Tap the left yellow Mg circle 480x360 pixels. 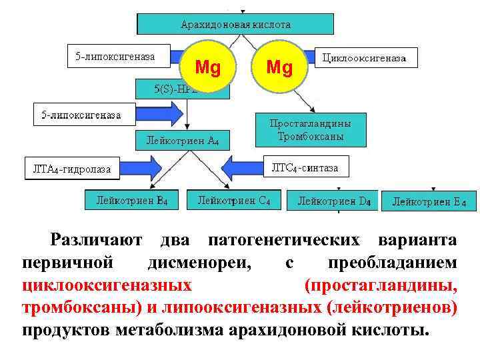(x=207, y=67)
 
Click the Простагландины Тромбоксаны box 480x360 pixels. (x=311, y=130)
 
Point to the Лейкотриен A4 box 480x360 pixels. (x=182, y=141)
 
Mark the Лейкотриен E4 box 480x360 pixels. (x=429, y=201)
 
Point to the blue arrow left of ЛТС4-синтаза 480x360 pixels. (x=251, y=166)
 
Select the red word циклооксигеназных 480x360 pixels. (x=107, y=286)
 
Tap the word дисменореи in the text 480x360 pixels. (x=200, y=263)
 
